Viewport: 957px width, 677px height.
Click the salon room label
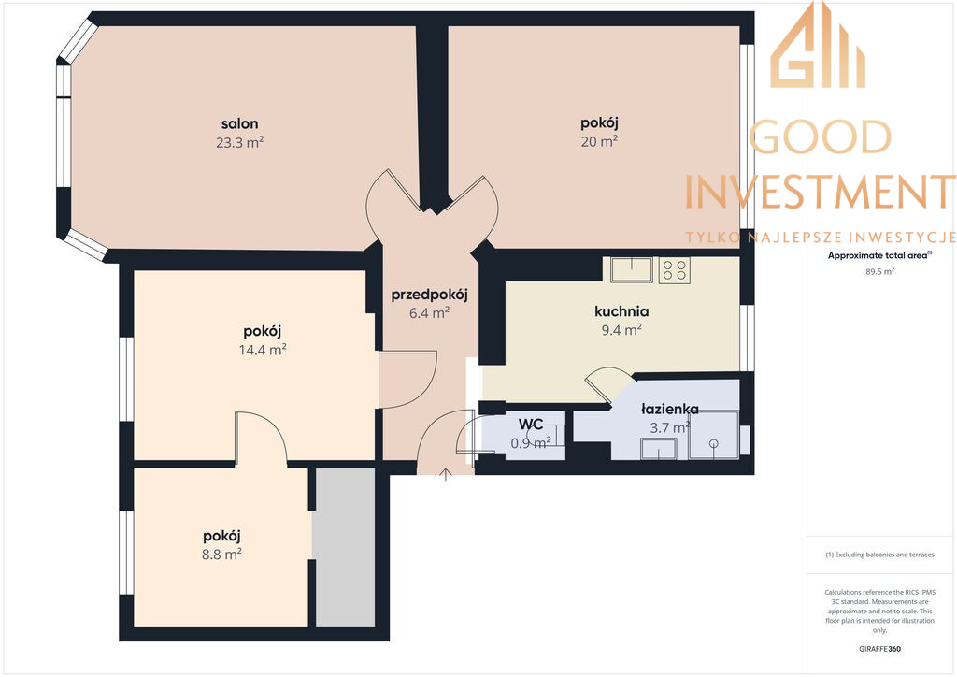[x=240, y=124]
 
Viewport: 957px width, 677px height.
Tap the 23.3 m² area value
[x=240, y=142]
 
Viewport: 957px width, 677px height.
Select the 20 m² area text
[x=599, y=141]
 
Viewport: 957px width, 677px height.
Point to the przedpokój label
[x=429, y=295]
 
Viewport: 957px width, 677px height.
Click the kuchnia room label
[x=621, y=311]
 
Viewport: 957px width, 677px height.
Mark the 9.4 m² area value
[x=621, y=330]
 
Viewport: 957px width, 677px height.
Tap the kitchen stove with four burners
[x=675, y=270]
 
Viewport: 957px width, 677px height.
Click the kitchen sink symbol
[x=632, y=269]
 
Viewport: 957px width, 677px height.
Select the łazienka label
[x=670, y=409]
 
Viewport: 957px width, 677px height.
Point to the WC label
[x=531, y=425]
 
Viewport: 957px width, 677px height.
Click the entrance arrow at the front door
[x=446, y=474]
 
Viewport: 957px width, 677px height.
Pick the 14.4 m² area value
[x=263, y=350]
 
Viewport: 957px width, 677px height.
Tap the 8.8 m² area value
[x=221, y=555]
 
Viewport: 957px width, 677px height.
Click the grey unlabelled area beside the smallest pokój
[x=345, y=547]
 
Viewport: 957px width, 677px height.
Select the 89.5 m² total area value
[x=879, y=272]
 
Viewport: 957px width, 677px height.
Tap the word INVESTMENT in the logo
[x=821, y=192]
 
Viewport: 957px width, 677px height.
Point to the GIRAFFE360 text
[x=879, y=649]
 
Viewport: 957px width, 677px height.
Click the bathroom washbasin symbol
[x=658, y=449]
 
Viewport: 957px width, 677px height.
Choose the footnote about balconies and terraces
[x=879, y=555]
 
